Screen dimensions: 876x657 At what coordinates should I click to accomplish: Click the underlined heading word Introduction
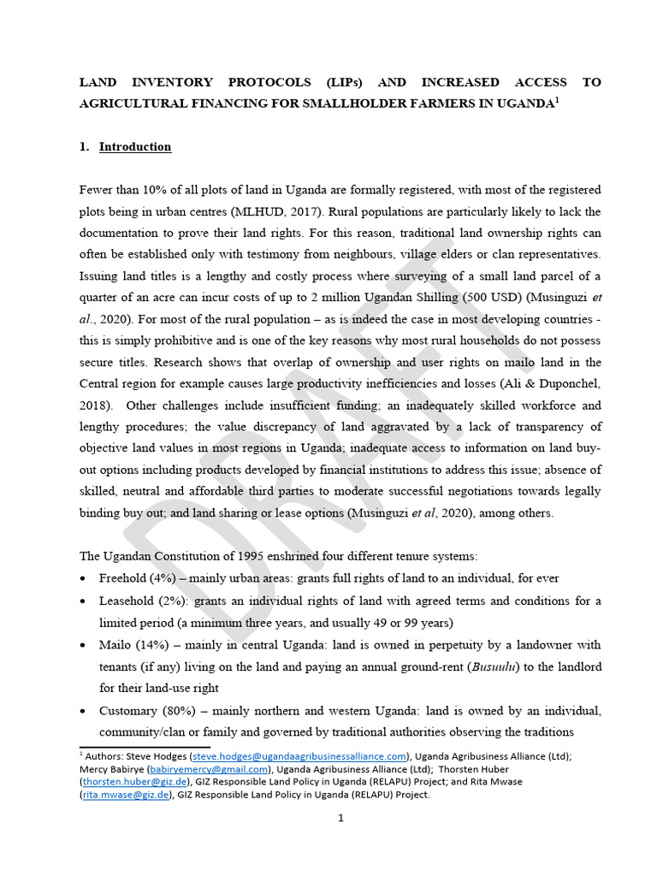pos(135,146)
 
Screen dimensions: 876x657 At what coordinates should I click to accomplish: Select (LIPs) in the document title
pos(344,82)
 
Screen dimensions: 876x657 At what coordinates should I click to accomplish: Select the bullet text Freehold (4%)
pos(136,578)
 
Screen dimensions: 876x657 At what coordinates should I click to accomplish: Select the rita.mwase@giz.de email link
pos(126,795)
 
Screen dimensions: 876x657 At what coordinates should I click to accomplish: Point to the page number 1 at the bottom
pos(340,818)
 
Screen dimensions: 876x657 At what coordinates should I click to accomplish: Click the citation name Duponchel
pos(569,384)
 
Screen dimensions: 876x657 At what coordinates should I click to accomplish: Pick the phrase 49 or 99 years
pos(400,622)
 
